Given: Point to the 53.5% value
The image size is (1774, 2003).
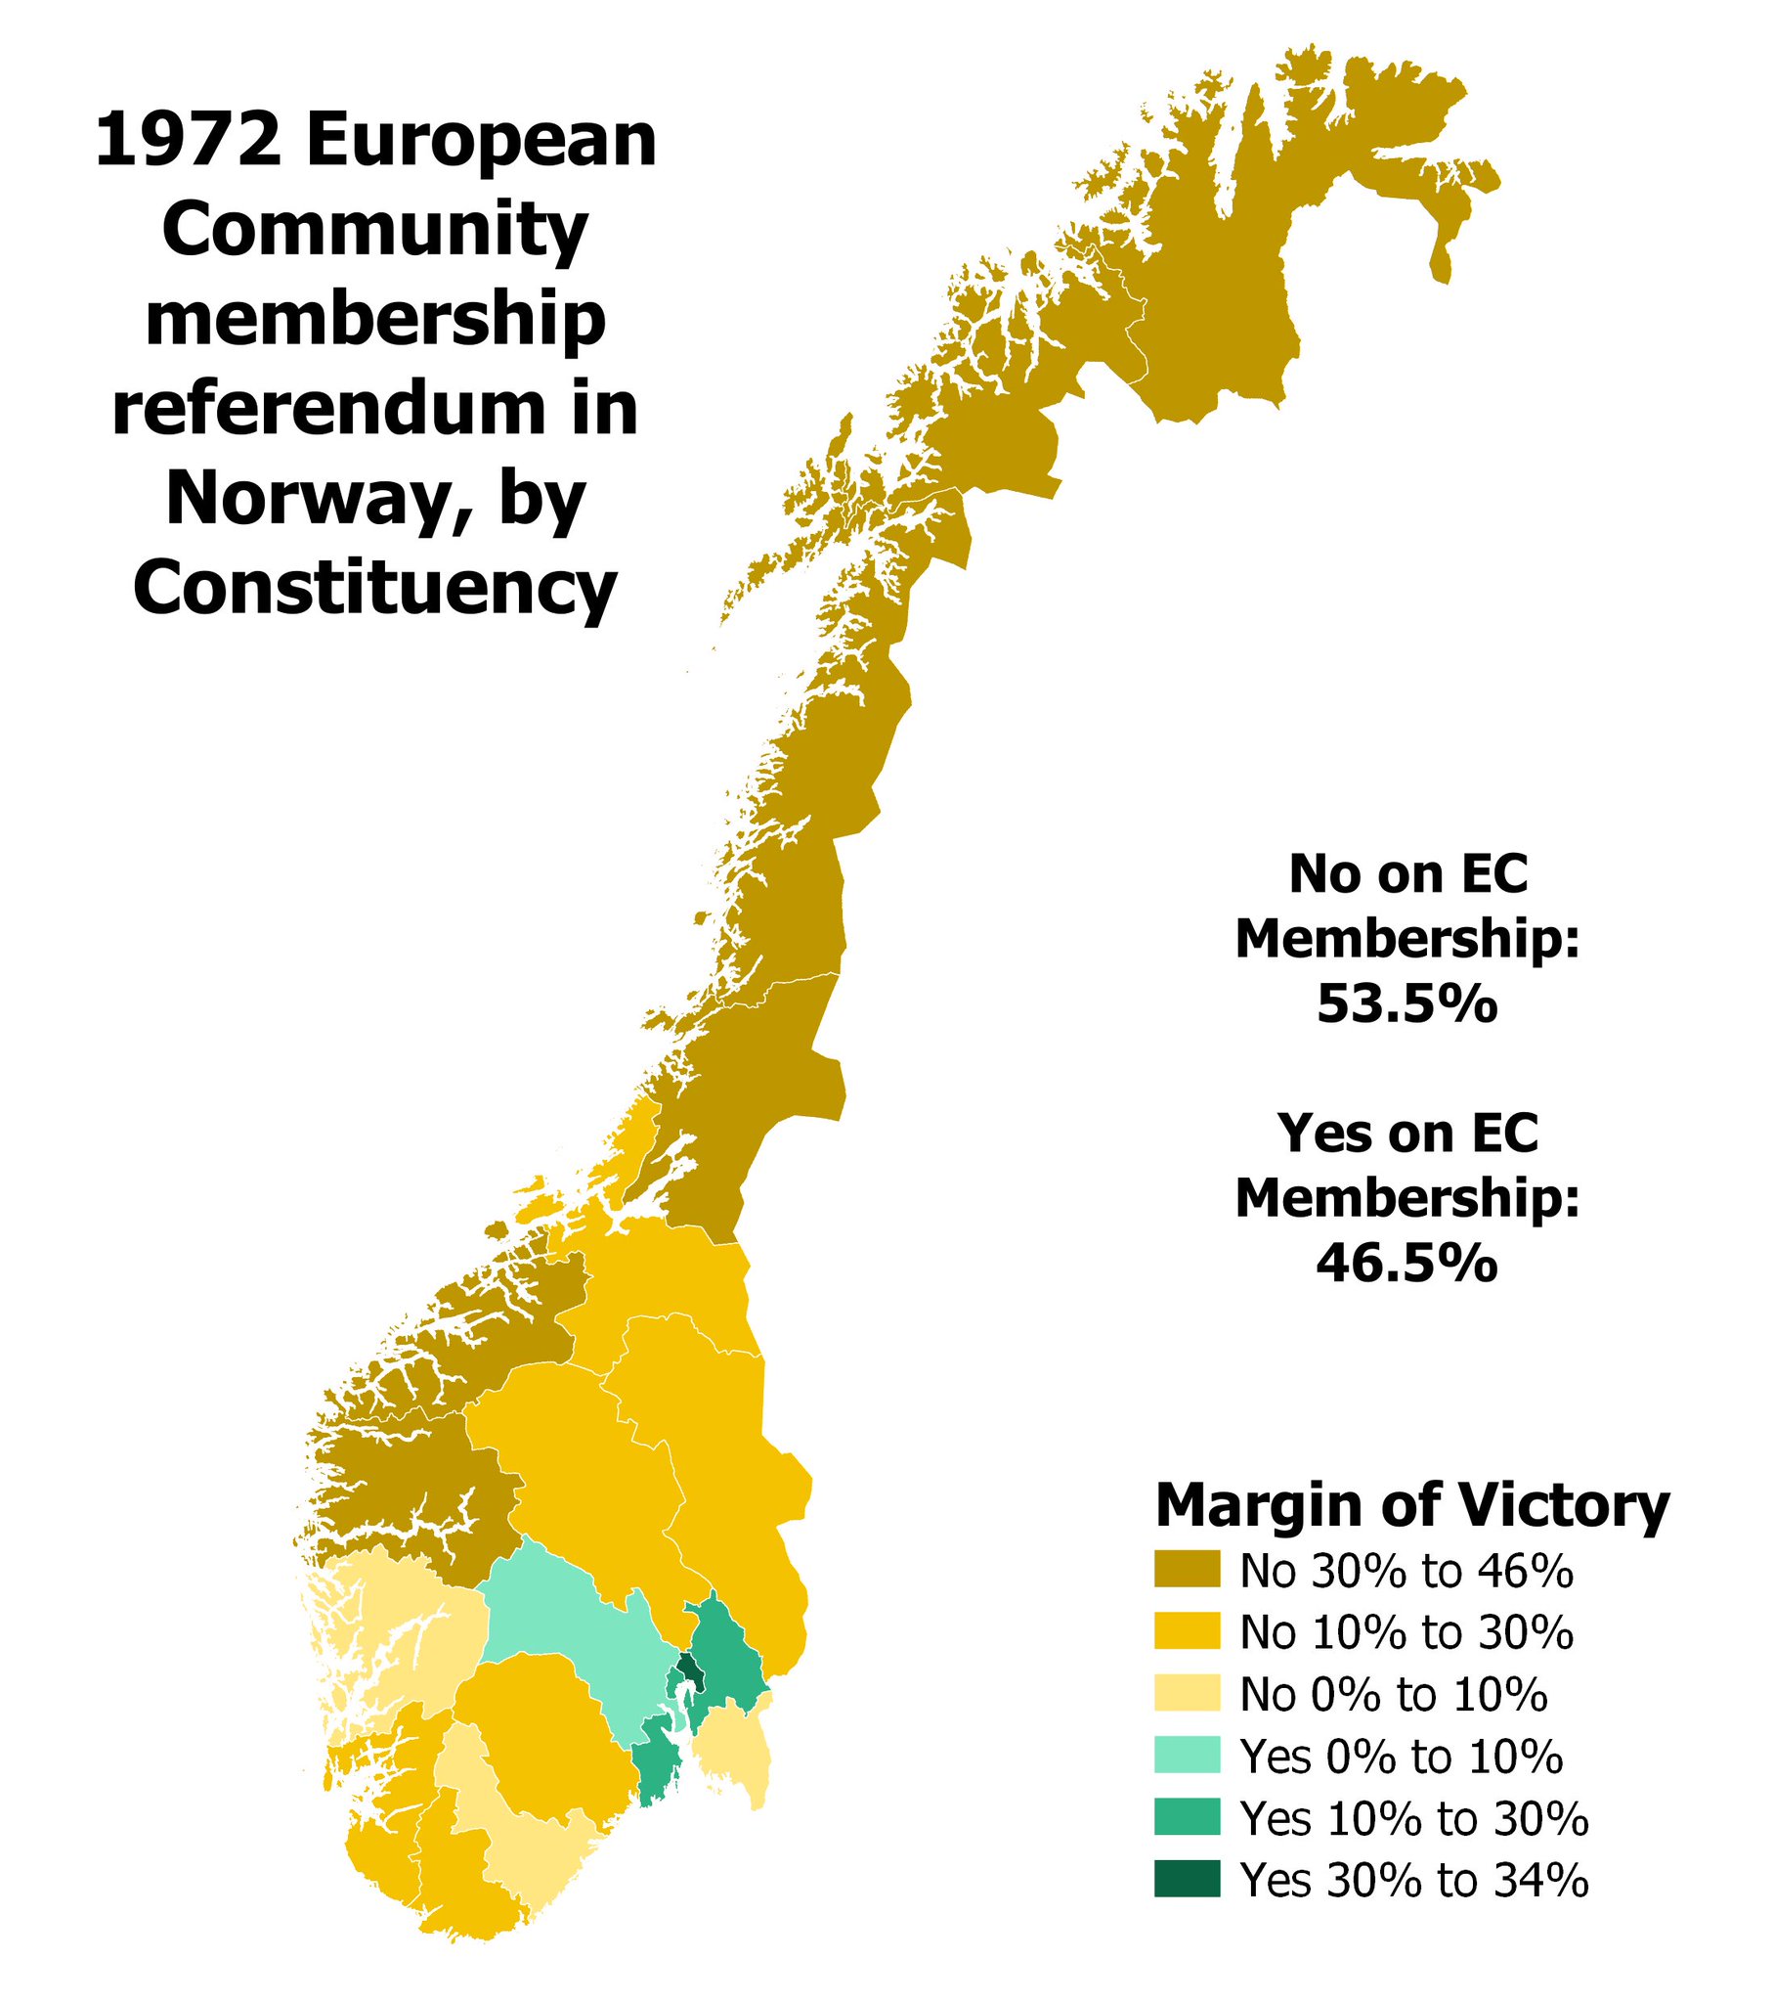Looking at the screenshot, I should coord(1406,1004).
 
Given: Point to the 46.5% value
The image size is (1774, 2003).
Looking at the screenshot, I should coord(1406,1265).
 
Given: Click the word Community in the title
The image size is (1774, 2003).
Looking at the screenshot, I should coord(375,230).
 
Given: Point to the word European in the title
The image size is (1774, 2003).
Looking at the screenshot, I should coord(480,140).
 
